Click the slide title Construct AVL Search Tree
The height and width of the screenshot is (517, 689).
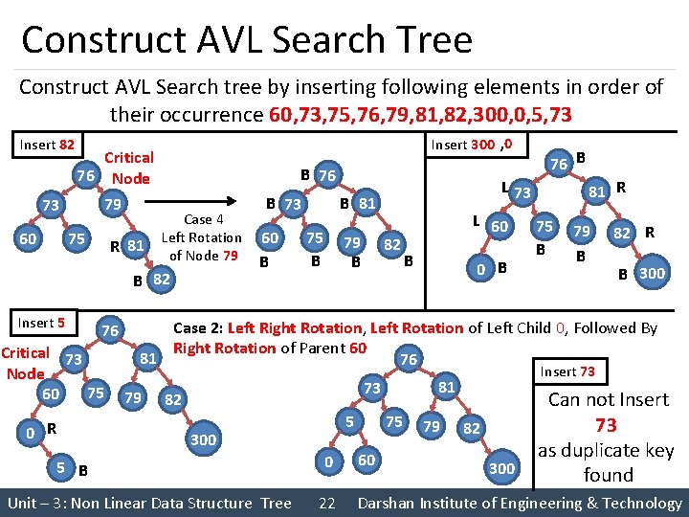pyautogui.click(x=247, y=40)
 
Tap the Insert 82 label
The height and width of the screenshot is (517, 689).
pyautogui.click(x=47, y=146)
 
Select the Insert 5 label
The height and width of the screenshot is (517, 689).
pyautogui.click(x=42, y=323)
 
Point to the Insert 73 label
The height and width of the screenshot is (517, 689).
pyautogui.click(x=567, y=371)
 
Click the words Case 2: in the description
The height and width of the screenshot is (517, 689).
pyautogui.click(x=198, y=328)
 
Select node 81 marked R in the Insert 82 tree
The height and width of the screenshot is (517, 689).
pyautogui.click(x=137, y=244)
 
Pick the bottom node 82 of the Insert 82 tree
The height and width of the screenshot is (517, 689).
pyautogui.click(x=162, y=279)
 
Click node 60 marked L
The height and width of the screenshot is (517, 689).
pyautogui.click(x=499, y=226)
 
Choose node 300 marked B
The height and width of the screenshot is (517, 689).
pyautogui.click(x=652, y=273)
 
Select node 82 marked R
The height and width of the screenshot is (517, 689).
pyautogui.click(x=622, y=234)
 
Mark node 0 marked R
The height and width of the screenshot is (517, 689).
pyautogui.click(x=33, y=433)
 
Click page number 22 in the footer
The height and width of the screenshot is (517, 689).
pyautogui.click(x=326, y=503)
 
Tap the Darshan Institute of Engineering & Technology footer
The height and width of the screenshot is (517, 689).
pyautogui.click(x=519, y=503)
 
